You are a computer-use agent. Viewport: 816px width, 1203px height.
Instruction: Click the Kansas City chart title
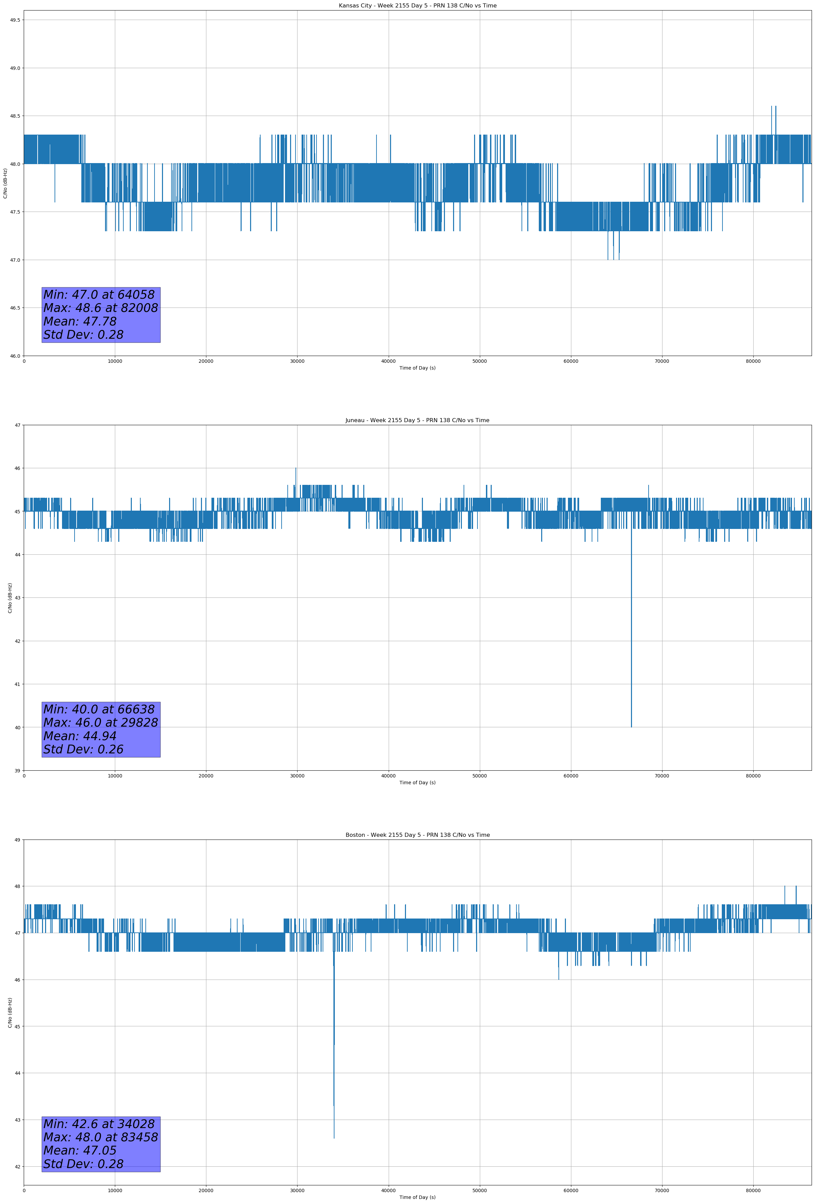tap(417, 6)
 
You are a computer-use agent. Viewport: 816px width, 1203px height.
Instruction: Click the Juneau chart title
tap(417, 420)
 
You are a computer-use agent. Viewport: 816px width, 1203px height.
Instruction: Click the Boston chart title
tap(417, 835)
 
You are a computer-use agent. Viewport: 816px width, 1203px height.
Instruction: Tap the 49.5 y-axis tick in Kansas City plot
tap(15, 20)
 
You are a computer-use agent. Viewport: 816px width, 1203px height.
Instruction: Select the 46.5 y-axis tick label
tap(15, 308)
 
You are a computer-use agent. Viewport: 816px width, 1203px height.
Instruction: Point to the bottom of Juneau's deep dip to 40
tap(631, 726)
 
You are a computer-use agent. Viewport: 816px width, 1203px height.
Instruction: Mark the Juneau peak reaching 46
tap(296, 469)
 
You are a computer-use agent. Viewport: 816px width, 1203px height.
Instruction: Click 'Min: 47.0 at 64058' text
tap(99, 295)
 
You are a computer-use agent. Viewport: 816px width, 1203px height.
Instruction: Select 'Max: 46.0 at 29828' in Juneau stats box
tap(100, 723)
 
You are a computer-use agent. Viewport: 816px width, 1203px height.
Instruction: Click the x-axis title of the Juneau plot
tap(417, 783)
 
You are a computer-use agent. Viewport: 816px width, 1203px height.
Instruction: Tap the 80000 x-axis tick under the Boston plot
tap(753, 1190)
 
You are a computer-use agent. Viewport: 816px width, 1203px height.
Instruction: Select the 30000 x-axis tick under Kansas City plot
tap(297, 361)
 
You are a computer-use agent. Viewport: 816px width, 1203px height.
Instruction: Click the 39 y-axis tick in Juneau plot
tap(18, 771)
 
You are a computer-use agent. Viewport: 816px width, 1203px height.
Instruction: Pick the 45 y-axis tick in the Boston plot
tap(18, 1026)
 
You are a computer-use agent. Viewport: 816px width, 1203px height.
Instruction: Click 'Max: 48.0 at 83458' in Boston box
tap(100, 1137)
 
